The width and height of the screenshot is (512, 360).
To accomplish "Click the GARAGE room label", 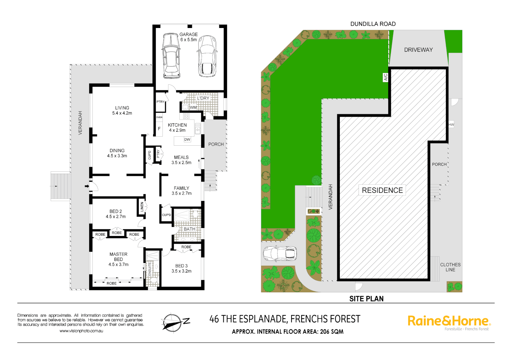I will click(188, 34).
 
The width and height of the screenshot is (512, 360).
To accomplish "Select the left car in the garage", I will click(171, 55).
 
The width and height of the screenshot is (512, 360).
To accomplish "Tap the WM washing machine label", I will click(193, 107).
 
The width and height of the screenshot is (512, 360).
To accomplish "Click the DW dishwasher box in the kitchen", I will click(187, 140).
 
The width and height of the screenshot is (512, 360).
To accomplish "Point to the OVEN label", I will click(159, 117).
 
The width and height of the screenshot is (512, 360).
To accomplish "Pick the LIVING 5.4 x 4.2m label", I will click(122, 110).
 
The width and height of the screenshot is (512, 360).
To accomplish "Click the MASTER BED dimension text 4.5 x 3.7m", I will click(118, 265).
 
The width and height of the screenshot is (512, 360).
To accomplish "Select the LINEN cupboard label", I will click(142, 207).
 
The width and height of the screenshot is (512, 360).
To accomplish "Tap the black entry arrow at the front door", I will click(87, 186).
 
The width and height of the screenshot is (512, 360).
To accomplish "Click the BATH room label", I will click(189, 229).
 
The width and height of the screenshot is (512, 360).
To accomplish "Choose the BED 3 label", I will click(181, 266).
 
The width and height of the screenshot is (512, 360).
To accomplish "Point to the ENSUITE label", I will click(150, 269).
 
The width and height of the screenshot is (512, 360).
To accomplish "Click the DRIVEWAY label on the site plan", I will click(418, 50).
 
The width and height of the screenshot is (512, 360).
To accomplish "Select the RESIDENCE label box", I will click(382, 190).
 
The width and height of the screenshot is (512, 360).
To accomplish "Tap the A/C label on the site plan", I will click(386, 77).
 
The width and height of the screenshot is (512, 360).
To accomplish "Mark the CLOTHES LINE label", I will click(450, 267).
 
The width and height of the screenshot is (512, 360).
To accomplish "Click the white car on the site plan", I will click(280, 254).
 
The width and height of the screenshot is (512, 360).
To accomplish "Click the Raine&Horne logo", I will click(449, 321).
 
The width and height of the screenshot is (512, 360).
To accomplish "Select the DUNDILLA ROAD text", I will click(373, 24).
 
